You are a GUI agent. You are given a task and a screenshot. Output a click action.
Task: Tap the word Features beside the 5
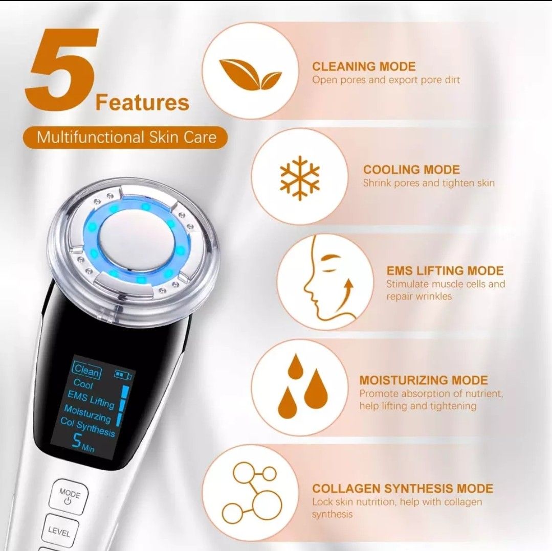pyautogui.click(x=142, y=102)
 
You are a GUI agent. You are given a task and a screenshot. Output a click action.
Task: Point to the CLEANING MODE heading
pyautogui.click(x=364, y=66)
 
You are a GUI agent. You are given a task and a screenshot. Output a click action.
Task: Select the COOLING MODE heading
pyautogui.click(x=411, y=170)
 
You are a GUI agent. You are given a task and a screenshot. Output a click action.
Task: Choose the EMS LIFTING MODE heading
pyautogui.click(x=445, y=271)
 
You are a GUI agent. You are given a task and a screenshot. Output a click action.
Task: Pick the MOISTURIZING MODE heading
pyautogui.click(x=423, y=380)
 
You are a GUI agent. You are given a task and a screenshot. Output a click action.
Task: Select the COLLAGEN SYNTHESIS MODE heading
pyautogui.click(x=403, y=489)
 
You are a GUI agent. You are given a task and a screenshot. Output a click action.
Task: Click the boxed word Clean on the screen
pyautogui.click(x=86, y=370)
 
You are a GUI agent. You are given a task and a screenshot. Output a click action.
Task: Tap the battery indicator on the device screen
pyautogui.click(x=123, y=376)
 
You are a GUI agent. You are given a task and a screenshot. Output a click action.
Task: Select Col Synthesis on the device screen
pyautogui.click(x=87, y=427)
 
